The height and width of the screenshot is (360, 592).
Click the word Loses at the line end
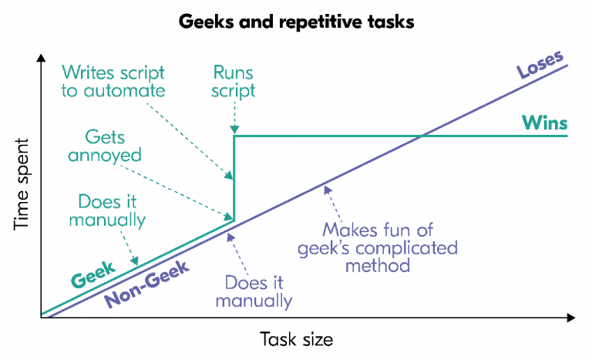[540, 66]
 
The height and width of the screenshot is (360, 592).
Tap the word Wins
[545, 123]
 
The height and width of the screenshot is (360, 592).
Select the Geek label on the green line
[92, 274]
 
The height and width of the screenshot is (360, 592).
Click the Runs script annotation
[234, 82]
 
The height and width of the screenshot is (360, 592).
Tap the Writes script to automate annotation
[113, 82]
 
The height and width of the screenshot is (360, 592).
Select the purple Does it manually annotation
[254, 291]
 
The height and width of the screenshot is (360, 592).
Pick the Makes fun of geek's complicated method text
[388, 247]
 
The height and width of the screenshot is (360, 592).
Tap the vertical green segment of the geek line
[234, 177]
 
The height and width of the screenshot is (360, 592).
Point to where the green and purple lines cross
[422, 136]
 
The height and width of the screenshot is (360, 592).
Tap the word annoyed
[105, 155]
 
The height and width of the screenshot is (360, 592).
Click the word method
[378, 266]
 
